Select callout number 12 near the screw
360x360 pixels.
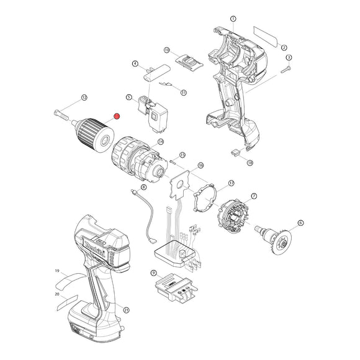coord(84,97)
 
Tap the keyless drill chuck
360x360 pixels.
coord(91,129)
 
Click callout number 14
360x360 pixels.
coord(160,142)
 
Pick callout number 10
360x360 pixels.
coord(167,49)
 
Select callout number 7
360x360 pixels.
coord(253,196)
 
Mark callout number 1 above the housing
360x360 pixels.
coord(233,20)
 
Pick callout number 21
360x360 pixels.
coord(127,310)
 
